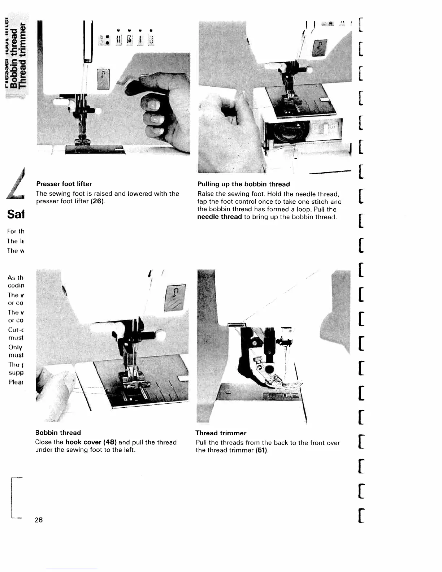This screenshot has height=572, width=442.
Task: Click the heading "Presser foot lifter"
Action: tap(64, 184)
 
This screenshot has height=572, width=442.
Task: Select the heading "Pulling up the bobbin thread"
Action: tap(243, 184)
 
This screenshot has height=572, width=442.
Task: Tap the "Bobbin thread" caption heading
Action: tap(58, 433)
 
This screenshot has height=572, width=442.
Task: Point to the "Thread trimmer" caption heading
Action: tap(221, 433)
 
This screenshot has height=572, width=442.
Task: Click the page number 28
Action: tap(39, 520)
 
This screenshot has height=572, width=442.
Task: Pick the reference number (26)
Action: tap(97, 201)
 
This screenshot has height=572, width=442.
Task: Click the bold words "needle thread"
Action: tap(219, 217)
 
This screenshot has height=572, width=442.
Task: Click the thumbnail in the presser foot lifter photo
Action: tap(152, 104)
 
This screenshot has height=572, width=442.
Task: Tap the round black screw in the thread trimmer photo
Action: tap(269, 369)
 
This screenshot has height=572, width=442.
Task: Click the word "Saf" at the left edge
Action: tap(16, 214)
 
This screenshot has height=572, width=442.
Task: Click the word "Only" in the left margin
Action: tap(15, 347)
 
